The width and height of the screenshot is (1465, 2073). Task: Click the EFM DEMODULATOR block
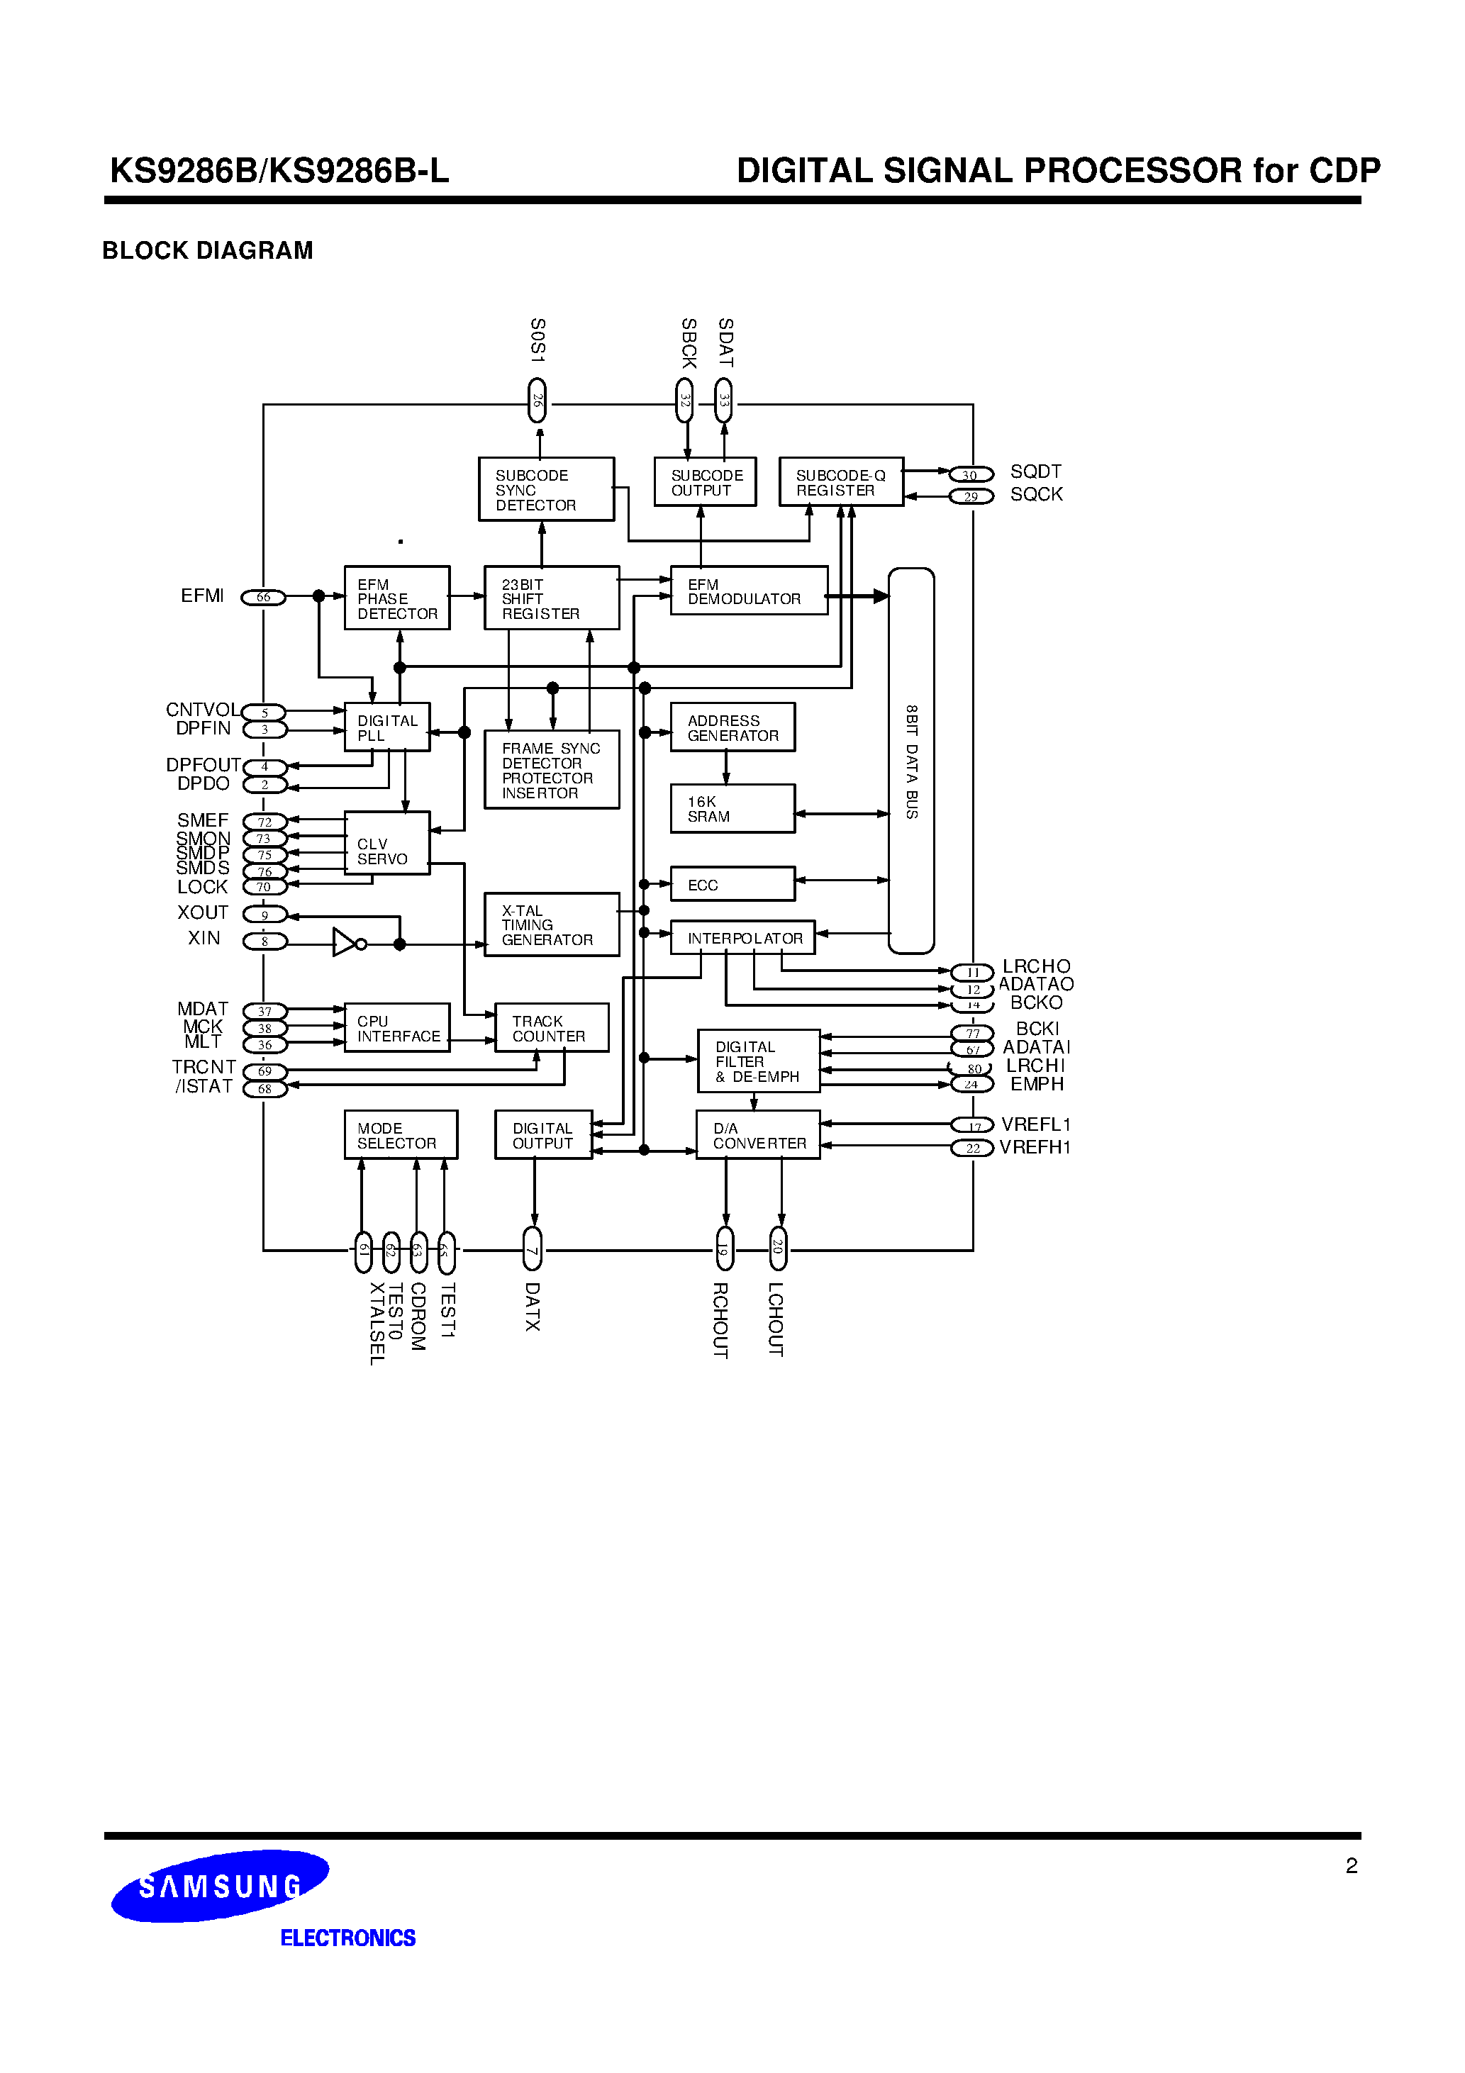(748, 591)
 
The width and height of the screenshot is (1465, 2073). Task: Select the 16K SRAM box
(732, 808)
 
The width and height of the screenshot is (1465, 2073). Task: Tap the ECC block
(732, 884)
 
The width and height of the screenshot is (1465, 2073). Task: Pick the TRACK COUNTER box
(551, 1027)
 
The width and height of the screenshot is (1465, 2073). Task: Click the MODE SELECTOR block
(400, 1135)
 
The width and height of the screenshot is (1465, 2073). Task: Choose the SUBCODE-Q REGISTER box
(840, 482)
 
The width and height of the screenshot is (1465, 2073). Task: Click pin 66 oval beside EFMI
(263, 597)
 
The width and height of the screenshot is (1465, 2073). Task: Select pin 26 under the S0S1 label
(537, 400)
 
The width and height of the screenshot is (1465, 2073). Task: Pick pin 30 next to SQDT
(971, 475)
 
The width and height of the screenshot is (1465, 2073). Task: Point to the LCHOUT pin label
(775, 1319)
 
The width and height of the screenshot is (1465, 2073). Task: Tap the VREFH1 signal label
(1035, 1148)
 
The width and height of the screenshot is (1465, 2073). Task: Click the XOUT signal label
(204, 913)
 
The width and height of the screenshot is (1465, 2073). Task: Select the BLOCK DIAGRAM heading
(208, 250)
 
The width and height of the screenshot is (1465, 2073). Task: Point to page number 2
(1352, 1866)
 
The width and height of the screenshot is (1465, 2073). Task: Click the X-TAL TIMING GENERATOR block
(551, 924)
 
